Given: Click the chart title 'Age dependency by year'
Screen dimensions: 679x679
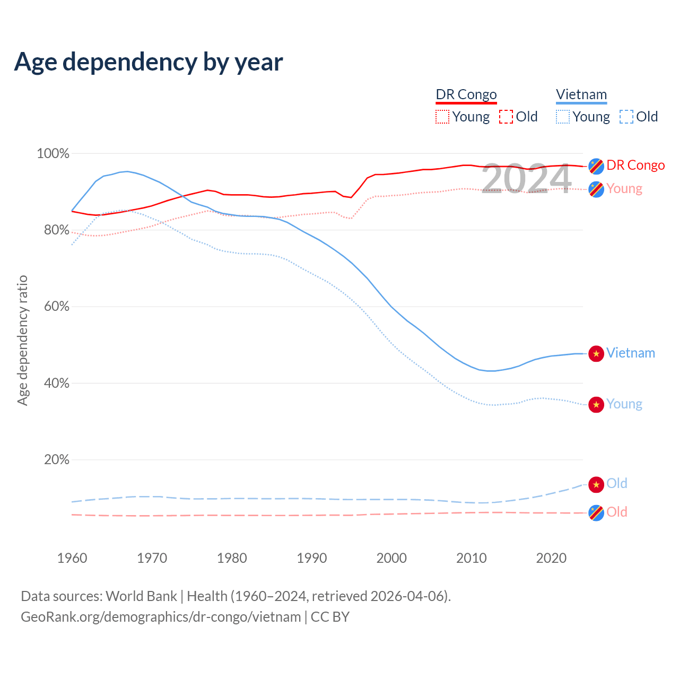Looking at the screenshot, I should click(x=149, y=62).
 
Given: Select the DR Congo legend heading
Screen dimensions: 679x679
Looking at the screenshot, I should click(x=466, y=94).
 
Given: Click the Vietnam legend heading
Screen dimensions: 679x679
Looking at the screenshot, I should click(x=581, y=94).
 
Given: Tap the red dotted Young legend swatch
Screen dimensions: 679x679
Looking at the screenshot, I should click(x=442, y=117).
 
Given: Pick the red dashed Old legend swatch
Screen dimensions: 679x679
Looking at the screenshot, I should click(x=506, y=117).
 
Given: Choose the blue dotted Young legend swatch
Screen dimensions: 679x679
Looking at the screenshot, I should click(x=563, y=117).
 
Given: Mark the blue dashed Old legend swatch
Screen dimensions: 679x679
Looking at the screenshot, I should click(x=626, y=117).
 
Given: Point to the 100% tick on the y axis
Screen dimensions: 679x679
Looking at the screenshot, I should click(x=53, y=154).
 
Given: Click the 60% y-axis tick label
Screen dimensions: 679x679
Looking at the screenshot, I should click(x=56, y=307).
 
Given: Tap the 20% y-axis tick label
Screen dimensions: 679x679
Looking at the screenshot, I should click(x=56, y=460).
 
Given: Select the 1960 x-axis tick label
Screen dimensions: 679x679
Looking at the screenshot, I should click(x=72, y=558).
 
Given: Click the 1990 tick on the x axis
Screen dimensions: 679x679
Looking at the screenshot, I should click(x=312, y=558).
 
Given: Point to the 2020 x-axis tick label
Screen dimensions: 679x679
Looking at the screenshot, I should click(x=552, y=558).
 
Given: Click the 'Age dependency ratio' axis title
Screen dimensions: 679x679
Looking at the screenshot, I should click(x=22, y=340).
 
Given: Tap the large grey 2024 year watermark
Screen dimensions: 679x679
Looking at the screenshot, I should click(x=526, y=179).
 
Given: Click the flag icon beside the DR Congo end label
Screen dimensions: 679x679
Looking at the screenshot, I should click(x=596, y=166).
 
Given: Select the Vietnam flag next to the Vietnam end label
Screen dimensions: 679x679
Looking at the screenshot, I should click(x=596, y=354).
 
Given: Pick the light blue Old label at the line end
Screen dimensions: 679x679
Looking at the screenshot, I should click(x=617, y=483).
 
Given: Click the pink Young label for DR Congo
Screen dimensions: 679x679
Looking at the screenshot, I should click(x=624, y=189).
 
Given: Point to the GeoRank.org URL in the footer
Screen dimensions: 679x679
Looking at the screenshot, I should click(x=161, y=617).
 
